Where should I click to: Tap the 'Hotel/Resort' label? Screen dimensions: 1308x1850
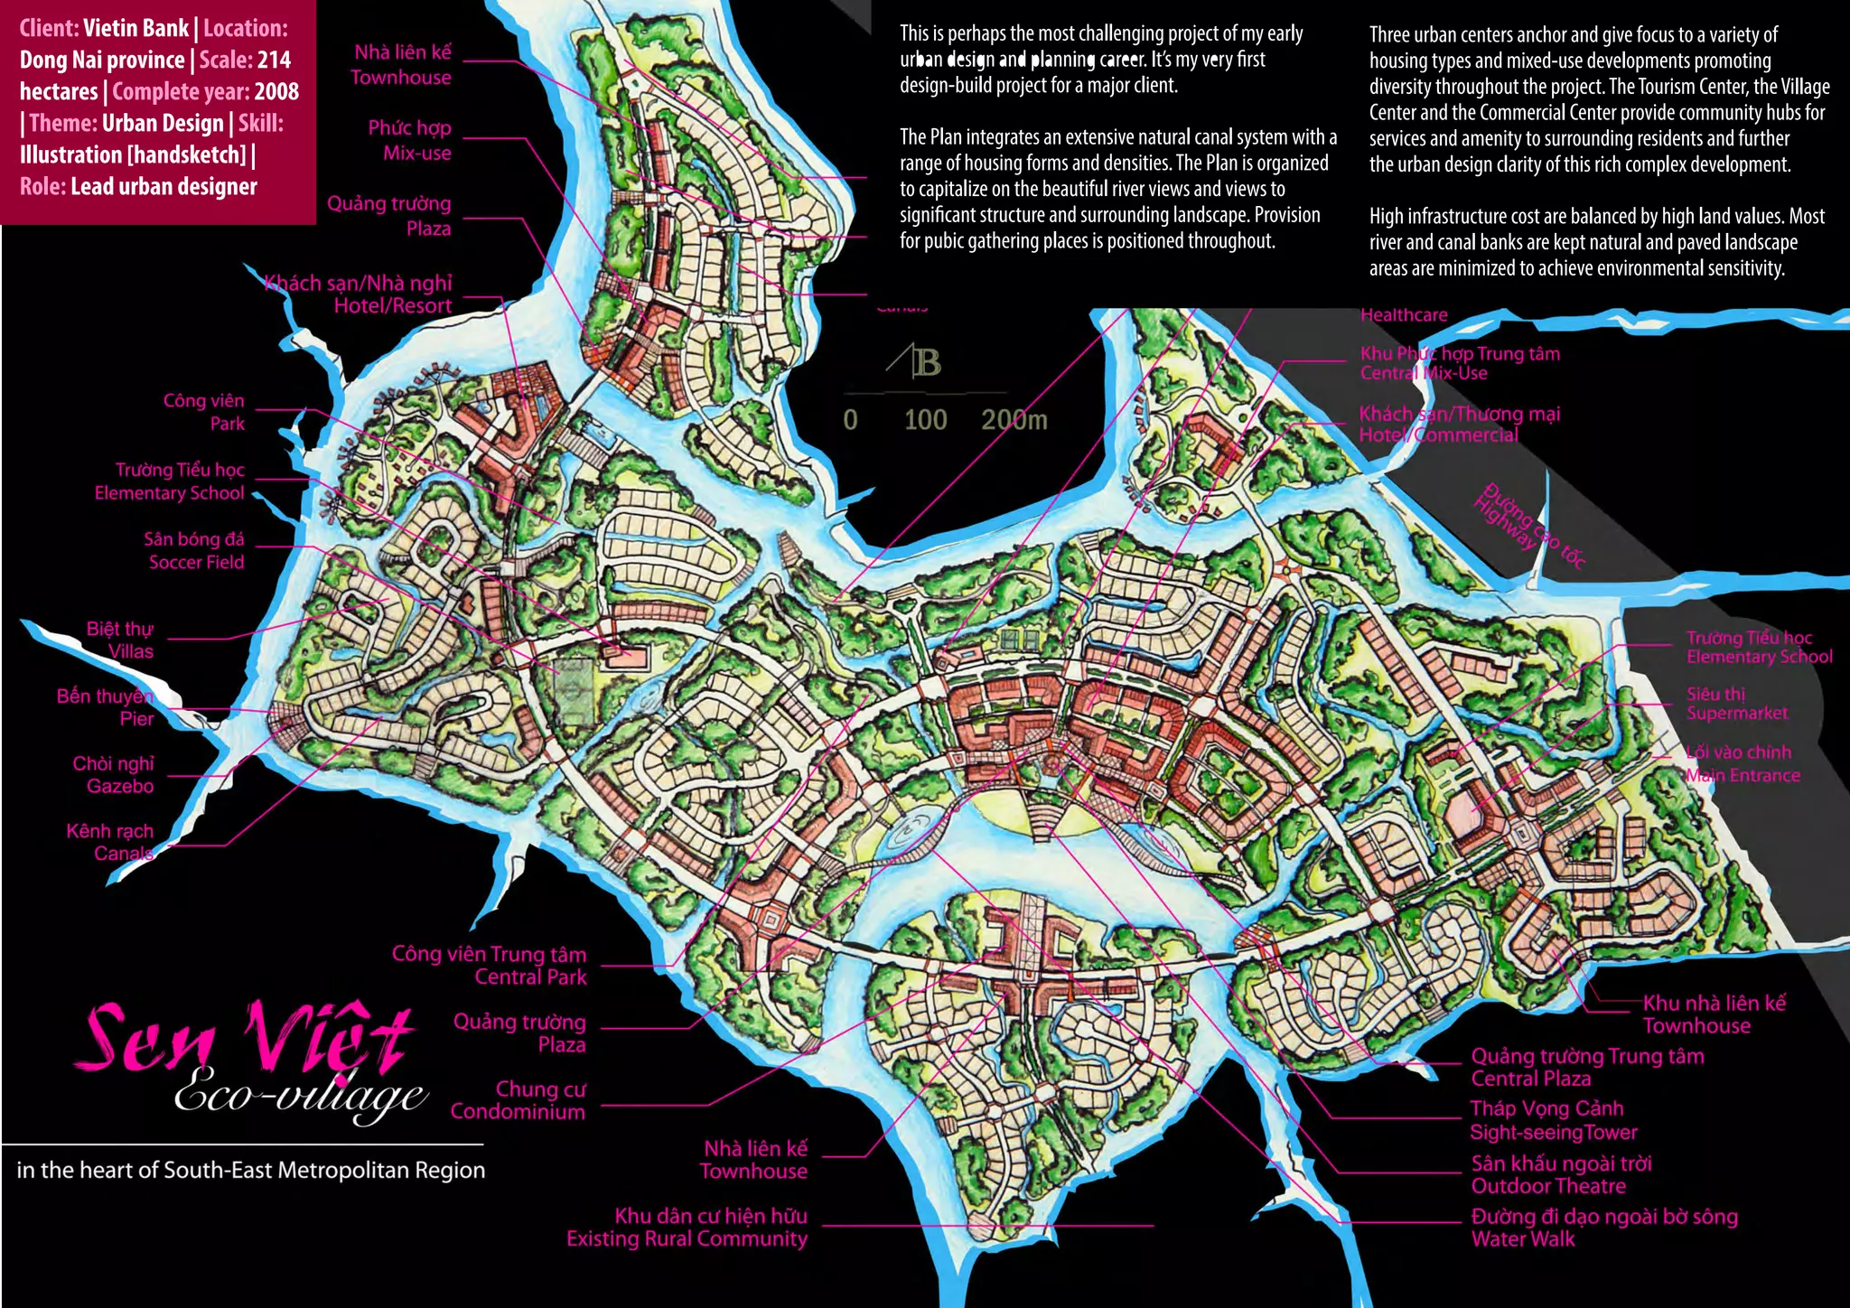pyautogui.click(x=392, y=306)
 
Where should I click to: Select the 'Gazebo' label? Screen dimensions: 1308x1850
pyautogui.click(x=119, y=786)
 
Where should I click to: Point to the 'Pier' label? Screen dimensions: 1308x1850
pyautogui.click(x=136, y=719)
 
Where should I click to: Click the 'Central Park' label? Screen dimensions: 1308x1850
pyautogui.click(x=530, y=977)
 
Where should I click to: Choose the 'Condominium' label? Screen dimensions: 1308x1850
pyautogui.click(x=518, y=1112)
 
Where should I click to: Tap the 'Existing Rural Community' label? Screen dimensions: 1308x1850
pyautogui.click(x=687, y=1238)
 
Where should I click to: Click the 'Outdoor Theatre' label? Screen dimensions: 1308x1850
pyautogui.click(x=1547, y=1186)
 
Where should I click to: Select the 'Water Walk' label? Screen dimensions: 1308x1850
pyautogui.click(x=1522, y=1239)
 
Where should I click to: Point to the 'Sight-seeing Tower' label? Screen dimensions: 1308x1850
pyautogui.click(x=1553, y=1133)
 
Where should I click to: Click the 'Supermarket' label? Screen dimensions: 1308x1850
pyautogui.click(x=1736, y=714)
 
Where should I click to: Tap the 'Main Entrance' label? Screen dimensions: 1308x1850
pyautogui.click(x=1743, y=775)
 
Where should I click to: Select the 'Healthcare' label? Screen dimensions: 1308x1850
pyautogui.click(x=1403, y=315)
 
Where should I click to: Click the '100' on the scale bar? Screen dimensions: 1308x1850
pyautogui.click(x=925, y=420)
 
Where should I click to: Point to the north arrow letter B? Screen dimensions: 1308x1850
pyautogui.click(x=926, y=363)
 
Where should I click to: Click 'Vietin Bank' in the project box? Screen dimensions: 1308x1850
pyautogui.click(x=135, y=28)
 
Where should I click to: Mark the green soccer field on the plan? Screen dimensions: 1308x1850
pyautogui.click(x=572, y=691)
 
